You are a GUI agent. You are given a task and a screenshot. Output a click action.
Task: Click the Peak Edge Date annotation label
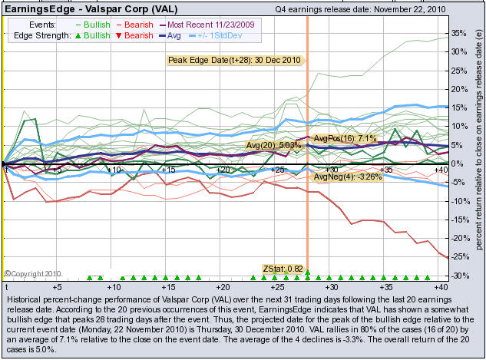[x=235, y=60]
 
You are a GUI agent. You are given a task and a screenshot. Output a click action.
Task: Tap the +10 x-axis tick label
[x=115, y=169]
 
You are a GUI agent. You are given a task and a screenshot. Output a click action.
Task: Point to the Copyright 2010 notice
[x=33, y=272]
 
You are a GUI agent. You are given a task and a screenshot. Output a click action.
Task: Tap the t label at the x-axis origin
[x=6, y=286]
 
